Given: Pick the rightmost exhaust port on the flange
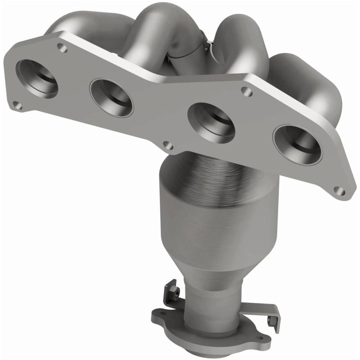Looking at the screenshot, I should [x=298, y=144].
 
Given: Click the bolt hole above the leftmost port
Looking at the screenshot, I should [x=63, y=47].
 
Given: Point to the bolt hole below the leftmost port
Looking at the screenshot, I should [x=17, y=106].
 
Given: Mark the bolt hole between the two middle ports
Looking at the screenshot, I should [x=167, y=146].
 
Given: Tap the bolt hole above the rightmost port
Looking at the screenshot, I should [x=246, y=91].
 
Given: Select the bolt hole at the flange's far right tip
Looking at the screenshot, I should [x=341, y=191].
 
